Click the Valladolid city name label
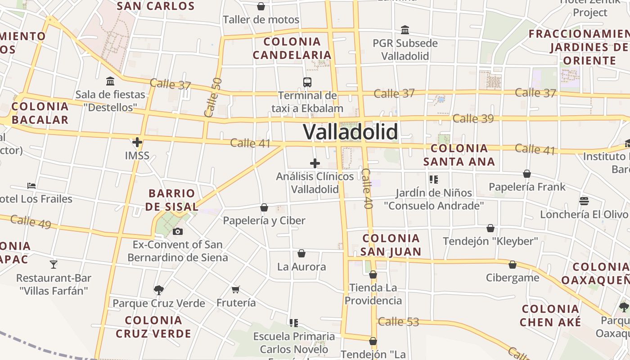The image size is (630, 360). (351, 132)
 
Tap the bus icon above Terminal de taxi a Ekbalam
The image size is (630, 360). (307, 82)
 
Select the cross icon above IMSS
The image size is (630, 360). (137, 143)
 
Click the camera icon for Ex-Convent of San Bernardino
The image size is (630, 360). (178, 232)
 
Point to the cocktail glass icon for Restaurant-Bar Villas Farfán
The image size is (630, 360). (54, 264)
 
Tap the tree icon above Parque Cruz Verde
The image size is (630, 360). (158, 290)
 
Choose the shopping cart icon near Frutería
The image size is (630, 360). (236, 289)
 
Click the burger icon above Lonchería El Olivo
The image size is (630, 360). (584, 201)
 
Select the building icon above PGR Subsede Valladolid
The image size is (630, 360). (405, 30)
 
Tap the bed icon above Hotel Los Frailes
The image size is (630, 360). (31, 185)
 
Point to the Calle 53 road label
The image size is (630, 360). (398, 322)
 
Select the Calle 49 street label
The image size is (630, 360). (31, 221)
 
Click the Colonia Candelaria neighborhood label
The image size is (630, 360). (292, 48)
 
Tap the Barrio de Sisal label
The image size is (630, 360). (173, 200)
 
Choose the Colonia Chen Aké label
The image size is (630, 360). (550, 315)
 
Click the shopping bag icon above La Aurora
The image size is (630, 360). (301, 254)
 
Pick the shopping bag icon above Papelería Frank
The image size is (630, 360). (527, 174)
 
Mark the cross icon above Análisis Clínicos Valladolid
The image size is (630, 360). (315, 163)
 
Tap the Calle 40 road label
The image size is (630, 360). (367, 189)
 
